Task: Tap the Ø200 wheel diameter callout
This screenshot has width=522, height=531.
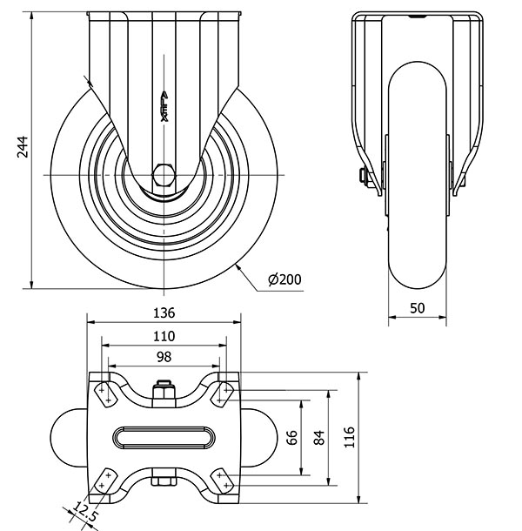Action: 285,279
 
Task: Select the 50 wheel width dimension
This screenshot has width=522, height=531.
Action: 418,307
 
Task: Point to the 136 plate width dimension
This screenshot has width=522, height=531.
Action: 164,313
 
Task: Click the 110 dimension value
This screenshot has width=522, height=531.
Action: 164,335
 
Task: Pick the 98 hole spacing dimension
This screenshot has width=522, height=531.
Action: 164,357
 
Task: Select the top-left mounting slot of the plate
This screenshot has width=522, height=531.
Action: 104,393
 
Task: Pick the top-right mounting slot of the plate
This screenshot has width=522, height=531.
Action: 224,393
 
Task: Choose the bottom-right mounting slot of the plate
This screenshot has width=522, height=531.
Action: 223,481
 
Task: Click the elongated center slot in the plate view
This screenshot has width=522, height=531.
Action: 164,436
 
